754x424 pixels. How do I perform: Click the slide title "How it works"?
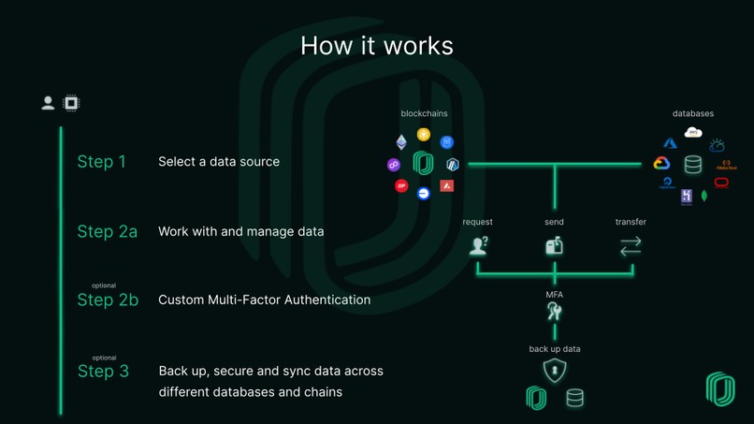377,46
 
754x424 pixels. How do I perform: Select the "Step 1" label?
101,162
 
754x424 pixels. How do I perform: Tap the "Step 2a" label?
107,231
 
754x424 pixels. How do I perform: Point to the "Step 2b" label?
107,300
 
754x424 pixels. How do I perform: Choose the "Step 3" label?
103,372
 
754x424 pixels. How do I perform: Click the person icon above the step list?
48,103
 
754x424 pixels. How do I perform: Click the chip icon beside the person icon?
70,103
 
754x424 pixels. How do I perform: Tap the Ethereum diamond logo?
401,142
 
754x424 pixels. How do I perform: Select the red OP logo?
401,186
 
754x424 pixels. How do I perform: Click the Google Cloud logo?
661,163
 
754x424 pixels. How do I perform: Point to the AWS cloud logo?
693,133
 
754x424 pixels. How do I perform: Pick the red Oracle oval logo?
721,183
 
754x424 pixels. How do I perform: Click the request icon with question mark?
478,246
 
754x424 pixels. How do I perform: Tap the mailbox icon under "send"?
554,246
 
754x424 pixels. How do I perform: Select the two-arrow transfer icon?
631,246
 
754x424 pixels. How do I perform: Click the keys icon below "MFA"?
555,313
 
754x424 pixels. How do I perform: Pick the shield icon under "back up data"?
555,370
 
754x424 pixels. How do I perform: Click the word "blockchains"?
424,113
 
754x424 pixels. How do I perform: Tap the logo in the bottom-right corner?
720,389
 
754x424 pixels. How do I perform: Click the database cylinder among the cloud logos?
693,165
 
